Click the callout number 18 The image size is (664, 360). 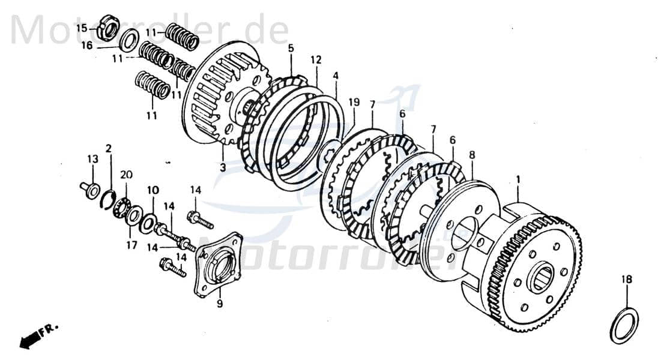(626, 280)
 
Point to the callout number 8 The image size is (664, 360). (472, 154)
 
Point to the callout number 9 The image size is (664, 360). (220, 304)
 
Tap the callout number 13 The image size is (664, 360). (92, 159)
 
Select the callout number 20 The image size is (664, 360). (126, 175)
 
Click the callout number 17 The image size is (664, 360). (131, 245)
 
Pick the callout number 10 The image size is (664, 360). (153, 190)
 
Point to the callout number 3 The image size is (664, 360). (222, 167)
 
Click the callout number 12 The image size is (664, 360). (316, 60)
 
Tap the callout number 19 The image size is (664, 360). (354, 103)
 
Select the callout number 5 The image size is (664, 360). (291, 47)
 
